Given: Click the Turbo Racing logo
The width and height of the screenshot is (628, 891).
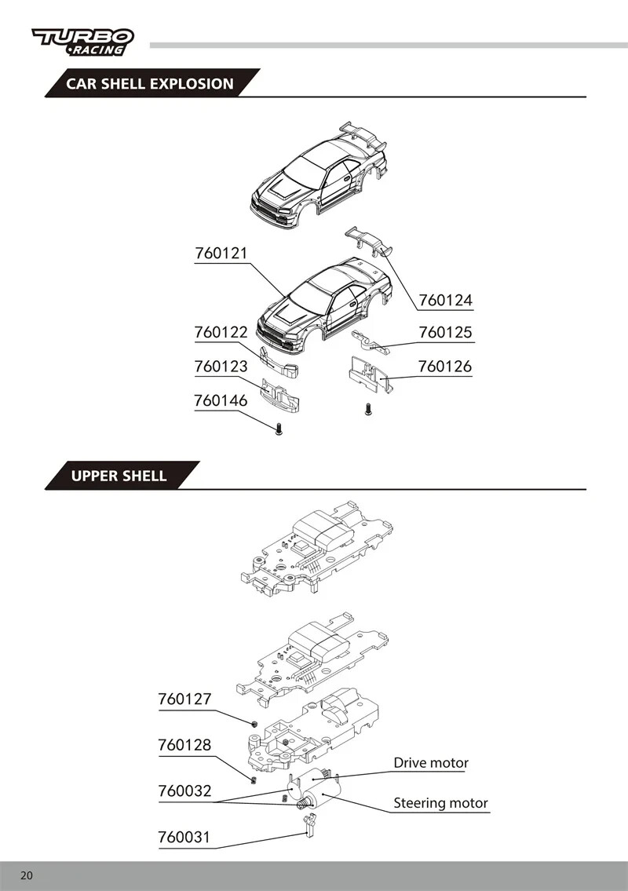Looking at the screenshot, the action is tap(83, 42).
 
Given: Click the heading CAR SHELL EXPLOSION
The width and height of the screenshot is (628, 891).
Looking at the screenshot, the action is tap(149, 83).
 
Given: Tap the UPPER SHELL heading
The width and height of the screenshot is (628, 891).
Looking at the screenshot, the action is tap(119, 476).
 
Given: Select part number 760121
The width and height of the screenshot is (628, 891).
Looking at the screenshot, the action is tap(221, 253).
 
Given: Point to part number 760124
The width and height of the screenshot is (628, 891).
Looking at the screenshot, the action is tap(446, 300).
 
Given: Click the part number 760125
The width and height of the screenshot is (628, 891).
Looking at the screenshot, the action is tap(446, 332).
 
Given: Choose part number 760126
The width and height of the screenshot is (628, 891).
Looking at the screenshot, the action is tap(445, 367).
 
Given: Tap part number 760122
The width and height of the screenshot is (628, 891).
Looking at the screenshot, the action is tap(221, 332).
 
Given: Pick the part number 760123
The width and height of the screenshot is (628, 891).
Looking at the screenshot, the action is tap(221, 367).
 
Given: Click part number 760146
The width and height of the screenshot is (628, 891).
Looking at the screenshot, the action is tap(221, 400).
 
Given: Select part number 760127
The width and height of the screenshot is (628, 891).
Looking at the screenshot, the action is tap(184, 699).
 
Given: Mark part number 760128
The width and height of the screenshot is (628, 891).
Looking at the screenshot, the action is tap(184, 745).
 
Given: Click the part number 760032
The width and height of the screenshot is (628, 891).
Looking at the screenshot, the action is tap(184, 791).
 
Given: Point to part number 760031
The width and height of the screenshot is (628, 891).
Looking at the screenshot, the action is tap(184, 837).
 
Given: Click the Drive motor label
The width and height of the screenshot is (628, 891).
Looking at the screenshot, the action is tap(432, 762).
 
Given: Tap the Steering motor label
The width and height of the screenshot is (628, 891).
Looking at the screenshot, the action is tap(441, 803).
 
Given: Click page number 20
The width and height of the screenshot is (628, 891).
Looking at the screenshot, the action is tap(27, 875).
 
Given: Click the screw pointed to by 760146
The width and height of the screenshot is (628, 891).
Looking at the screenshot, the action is tap(279, 429).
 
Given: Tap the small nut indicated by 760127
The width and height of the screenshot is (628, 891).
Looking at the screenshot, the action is tap(255, 723).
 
